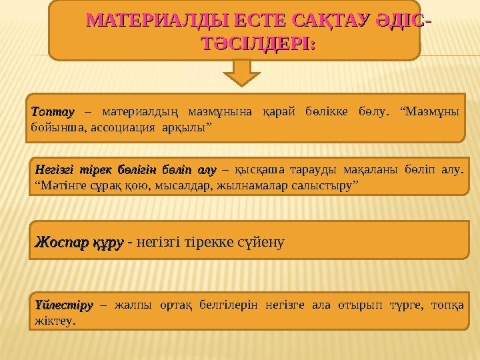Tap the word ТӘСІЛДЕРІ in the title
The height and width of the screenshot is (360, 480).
click(256, 45)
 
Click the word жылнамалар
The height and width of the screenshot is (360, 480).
click(245, 184)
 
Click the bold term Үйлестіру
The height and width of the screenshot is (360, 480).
click(62, 305)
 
